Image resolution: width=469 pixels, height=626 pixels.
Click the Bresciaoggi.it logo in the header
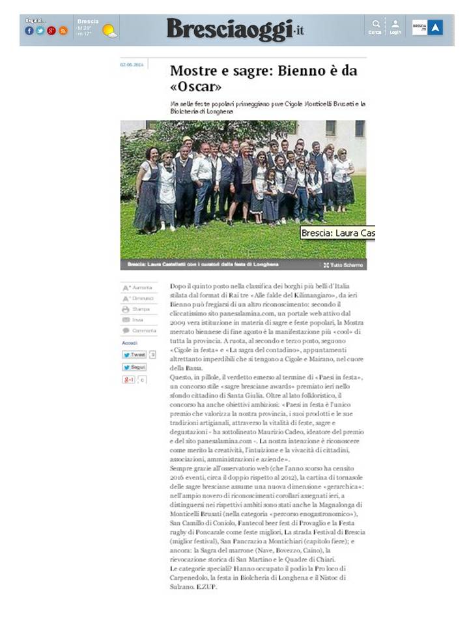click(x=235, y=30)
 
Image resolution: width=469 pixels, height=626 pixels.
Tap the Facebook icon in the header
click(x=29, y=31)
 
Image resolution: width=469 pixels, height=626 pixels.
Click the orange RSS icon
click(x=63, y=31)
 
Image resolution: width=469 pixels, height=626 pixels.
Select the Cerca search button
click(x=375, y=27)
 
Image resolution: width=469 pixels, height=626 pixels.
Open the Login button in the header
click(x=395, y=27)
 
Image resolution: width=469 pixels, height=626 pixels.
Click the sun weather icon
click(x=109, y=31)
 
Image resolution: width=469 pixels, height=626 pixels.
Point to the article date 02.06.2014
click(x=132, y=65)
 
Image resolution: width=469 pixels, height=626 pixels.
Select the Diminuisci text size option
click(x=139, y=298)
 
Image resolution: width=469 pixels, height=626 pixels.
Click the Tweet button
click(x=135, y=355)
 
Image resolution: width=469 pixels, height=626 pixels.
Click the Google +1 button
click(x=129, y=380)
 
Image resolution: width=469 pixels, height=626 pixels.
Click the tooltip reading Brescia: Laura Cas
click(x=337, y=233)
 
